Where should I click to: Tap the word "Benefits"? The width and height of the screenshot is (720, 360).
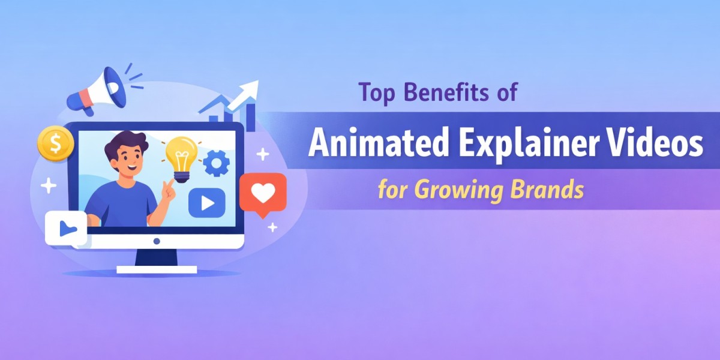pos(444,94)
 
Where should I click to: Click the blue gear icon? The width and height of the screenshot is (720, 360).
pos(216,163)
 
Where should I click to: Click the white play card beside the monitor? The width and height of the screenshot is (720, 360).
pos(65,228)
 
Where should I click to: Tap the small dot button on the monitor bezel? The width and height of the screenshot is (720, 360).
pos(157,241)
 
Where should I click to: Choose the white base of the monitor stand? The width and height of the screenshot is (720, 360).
pos(157,269)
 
